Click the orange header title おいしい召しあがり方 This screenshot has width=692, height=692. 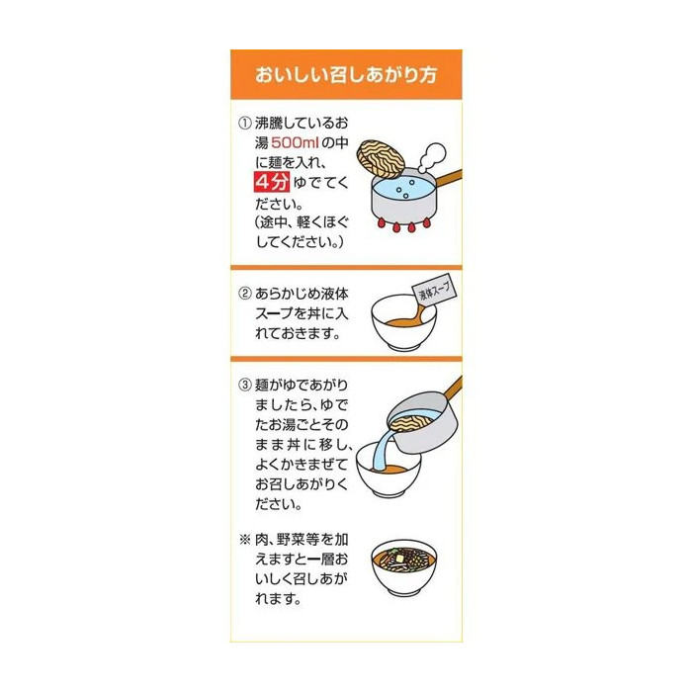point(346,74)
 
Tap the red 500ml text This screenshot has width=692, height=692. point(295,142)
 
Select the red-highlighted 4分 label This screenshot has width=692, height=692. point(272,182)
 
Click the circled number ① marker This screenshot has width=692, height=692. point(245,124)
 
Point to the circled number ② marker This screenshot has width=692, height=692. point(245,294)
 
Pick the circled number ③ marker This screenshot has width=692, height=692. point(245,385)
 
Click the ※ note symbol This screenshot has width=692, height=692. point(245,540)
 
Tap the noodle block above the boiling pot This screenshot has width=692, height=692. point(381,159)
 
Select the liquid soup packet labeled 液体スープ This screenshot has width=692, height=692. point(434,293)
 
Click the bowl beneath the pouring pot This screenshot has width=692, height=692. point(389,471)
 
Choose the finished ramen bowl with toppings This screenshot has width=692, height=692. point(403,568)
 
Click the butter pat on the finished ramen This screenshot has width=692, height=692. point(399,559)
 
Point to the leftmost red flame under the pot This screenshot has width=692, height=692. point(382,222)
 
